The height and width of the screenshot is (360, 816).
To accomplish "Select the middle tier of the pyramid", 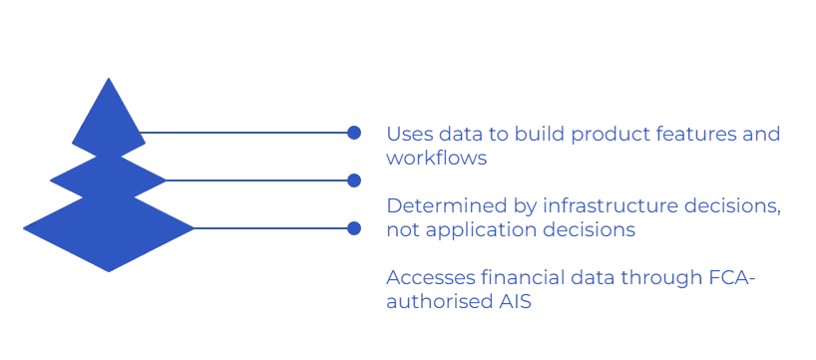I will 105,179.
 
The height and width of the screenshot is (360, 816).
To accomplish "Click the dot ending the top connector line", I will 351,132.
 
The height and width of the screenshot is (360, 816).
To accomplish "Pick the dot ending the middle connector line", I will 351,180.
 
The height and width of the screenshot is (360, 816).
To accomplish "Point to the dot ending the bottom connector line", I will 351,229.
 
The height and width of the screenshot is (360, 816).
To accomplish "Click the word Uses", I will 403,133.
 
